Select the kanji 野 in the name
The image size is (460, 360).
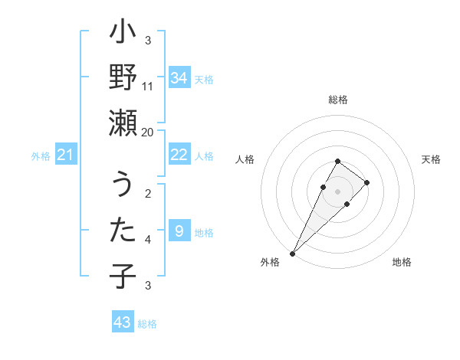(x=123, y=79)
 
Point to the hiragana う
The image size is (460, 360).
(x=123, y=185)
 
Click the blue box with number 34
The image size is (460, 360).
(x=179, y=78)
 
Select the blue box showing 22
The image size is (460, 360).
(x=179, y=155)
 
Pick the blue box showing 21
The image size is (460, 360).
(x=66, y=155)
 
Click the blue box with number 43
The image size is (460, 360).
(x=123, y=322)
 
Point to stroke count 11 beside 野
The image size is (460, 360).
(x=148, y=87)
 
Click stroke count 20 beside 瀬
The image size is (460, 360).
(x=148, y=132)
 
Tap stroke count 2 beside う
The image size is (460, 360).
(x=148, y=193)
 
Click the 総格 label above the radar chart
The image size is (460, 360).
(x=338, y=100)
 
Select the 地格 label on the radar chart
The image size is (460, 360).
(x=402, y=262)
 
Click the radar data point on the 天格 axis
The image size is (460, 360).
(x=367, y=182)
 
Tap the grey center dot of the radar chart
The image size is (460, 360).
(x=338, y=191)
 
